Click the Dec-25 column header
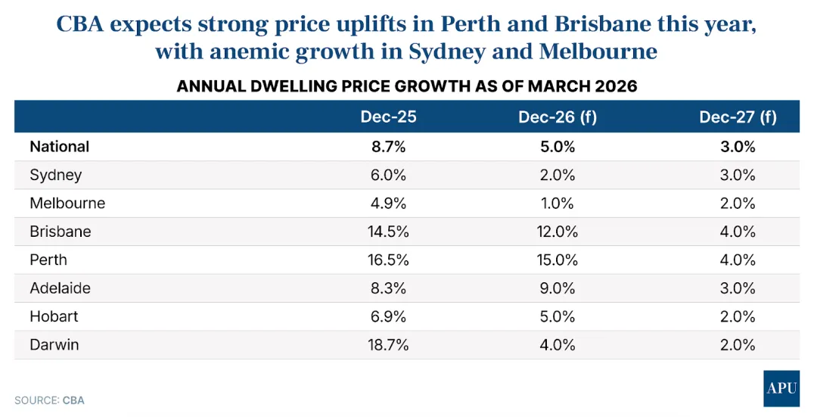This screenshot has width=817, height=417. pos(388,117)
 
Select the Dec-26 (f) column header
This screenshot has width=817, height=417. pos(556,117)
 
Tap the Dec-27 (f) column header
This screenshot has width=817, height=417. pos(738,117)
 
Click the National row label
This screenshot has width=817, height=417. pos(60,147)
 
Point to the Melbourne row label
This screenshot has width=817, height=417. pos(67,204)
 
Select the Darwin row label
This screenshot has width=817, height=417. pos(54,345)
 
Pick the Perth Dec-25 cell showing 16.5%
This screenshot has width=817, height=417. pos(388,260)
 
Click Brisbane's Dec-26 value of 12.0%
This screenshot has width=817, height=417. pos(557,232)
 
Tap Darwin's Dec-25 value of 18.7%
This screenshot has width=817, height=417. pos(388,345)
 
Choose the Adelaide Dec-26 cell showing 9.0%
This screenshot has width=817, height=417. pos(557,288)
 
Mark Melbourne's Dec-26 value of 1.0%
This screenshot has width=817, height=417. pos(557,204)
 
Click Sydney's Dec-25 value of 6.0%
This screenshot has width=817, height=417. pos(388,175)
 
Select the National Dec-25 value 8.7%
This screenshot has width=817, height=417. pos(388,147)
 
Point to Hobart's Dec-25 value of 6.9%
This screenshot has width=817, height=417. pos(388,316)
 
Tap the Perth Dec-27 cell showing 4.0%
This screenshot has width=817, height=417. pos(738,260)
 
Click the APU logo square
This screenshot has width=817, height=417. pos(781,388)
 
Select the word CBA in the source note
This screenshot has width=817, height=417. pos(73,400)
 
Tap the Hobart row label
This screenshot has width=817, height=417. pos(54,316)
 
